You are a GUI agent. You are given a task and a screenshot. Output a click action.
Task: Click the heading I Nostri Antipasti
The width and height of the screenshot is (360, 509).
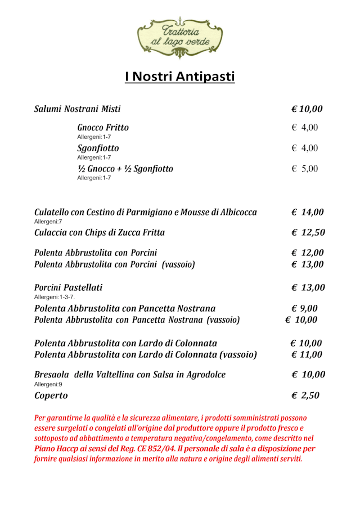click(179, 77)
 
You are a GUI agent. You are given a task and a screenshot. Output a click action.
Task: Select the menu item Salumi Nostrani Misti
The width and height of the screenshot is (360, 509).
click(78, 109)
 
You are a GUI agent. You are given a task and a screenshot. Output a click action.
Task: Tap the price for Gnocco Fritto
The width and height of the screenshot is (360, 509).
click(305, 128)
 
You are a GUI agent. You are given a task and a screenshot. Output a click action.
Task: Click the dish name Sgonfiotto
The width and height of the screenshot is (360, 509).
click(98, 148)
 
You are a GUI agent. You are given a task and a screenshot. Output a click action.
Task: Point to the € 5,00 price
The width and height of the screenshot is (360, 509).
click(305, 169)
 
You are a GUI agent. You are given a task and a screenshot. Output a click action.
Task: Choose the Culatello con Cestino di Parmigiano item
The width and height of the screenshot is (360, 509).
click(146, 213)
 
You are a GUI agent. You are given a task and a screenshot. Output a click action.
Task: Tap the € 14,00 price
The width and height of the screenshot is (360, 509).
click(308, 213)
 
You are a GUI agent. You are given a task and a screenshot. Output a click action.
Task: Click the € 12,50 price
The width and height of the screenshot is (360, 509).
click(308, 232)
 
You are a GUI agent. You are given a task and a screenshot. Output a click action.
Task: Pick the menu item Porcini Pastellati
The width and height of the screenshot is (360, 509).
click(69, 287)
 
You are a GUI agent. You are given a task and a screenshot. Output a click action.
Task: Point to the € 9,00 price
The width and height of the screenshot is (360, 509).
click(305, 308)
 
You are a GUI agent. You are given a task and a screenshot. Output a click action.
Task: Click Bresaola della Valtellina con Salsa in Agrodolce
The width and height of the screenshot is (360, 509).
click(130, 375)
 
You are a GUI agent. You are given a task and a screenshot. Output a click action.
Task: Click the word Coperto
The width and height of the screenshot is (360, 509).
click(51, 395)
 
